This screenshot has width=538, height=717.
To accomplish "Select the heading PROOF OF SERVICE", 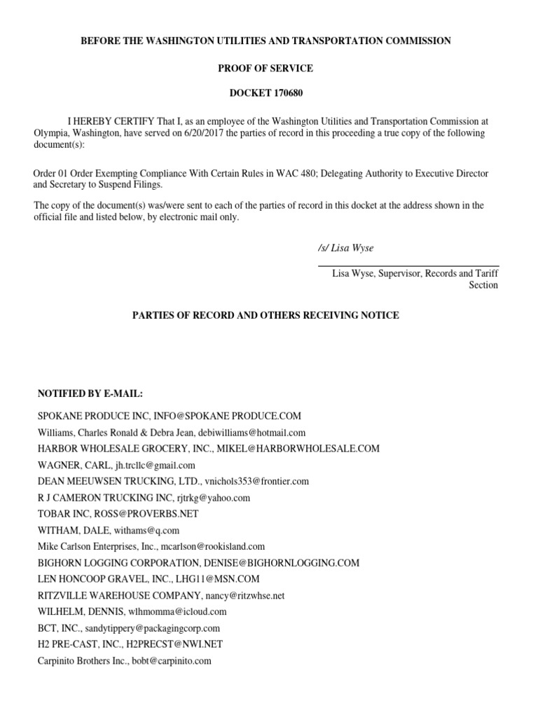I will coord(270,68).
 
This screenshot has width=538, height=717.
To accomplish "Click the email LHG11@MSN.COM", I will coord(223,578).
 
